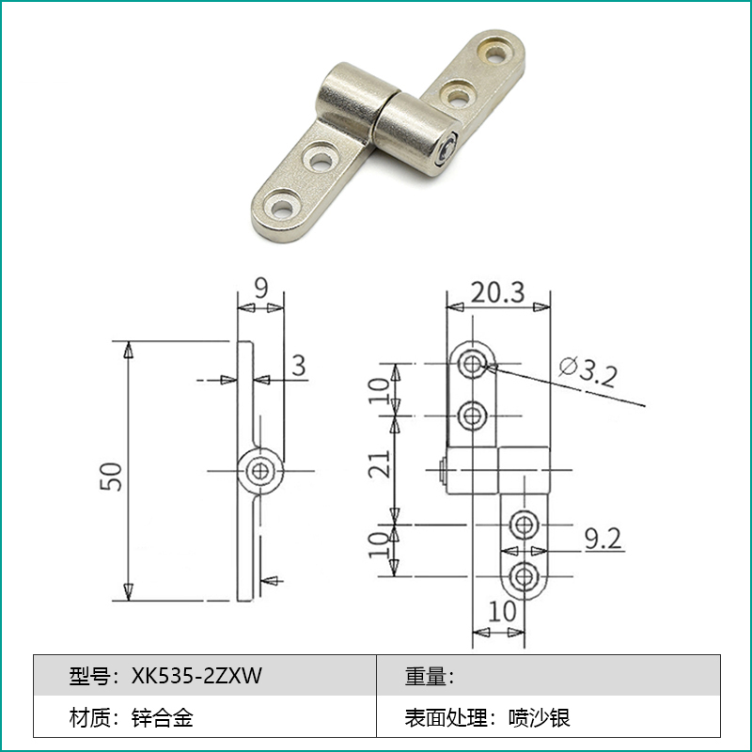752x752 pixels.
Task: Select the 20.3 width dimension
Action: point(497,292)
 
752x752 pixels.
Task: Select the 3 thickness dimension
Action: point(298,365)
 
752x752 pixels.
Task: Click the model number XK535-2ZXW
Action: point(196,675)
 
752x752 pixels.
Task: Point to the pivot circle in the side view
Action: point(259,469)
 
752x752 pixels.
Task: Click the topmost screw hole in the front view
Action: point(472,363)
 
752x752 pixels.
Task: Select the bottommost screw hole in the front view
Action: point(523,574)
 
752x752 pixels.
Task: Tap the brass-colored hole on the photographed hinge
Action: point(493,48)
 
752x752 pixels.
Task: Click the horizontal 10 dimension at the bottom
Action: point(503,611)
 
